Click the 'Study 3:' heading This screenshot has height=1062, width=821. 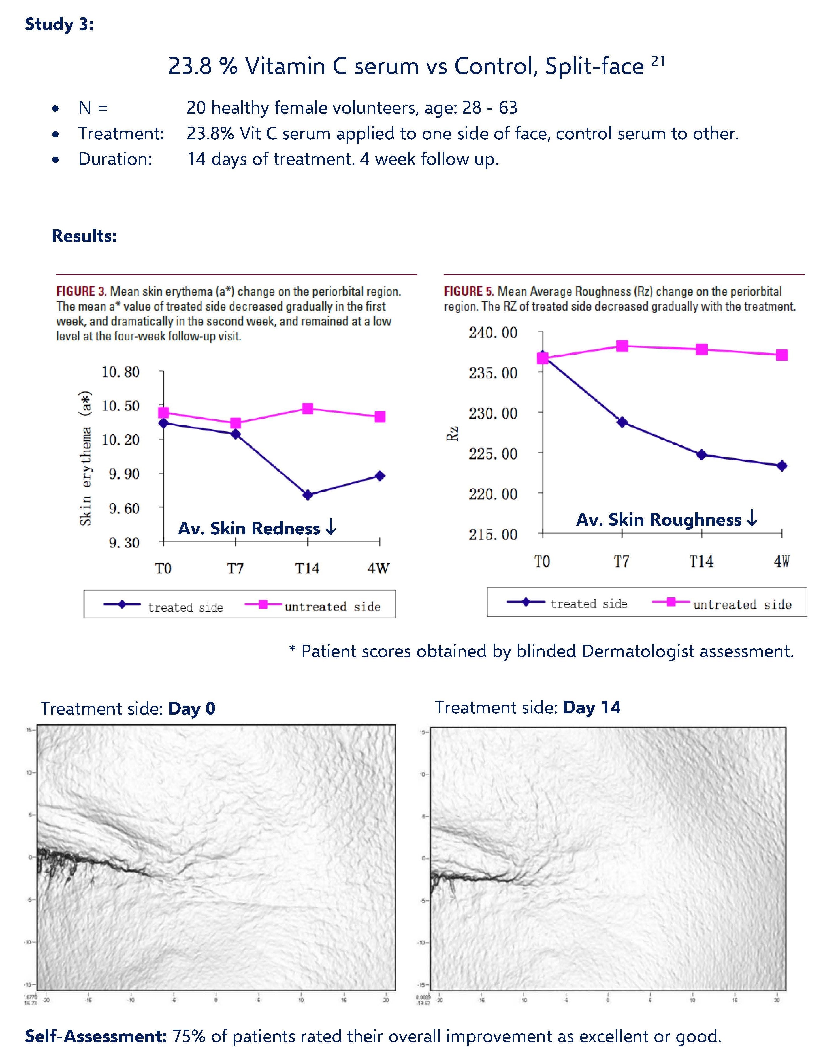point(59,24)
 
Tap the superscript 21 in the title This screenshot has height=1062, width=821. point(658,61)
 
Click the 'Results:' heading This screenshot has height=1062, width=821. point(84,236)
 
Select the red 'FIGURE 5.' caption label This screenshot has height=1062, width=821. point(469,291)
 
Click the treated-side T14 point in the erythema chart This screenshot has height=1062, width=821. point(307,495)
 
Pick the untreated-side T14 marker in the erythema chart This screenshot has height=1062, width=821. point(307,408)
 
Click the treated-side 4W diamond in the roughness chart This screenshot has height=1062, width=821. point(782,466)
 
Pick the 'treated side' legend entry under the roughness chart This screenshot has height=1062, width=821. point(588,603)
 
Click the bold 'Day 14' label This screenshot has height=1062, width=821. point(591,707)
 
